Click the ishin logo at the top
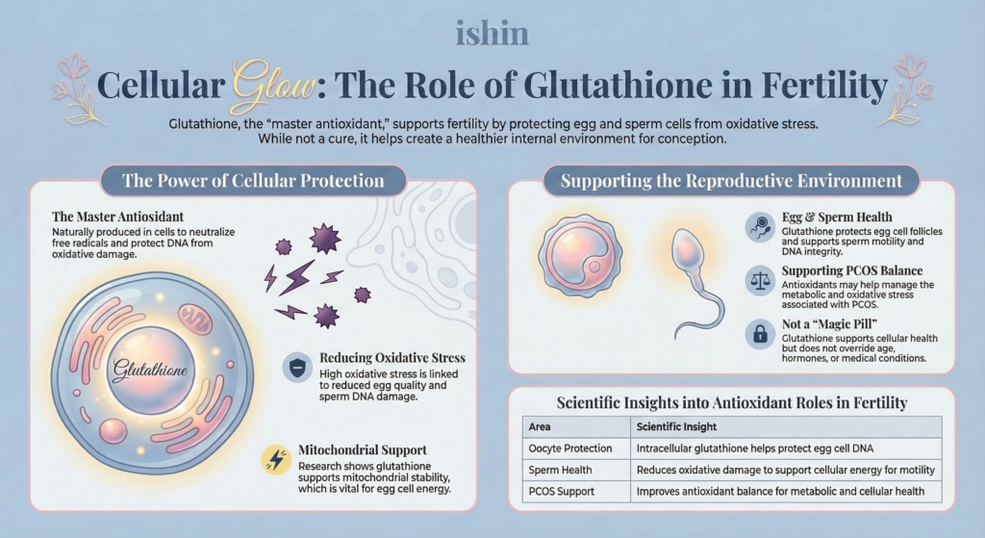click(492, 34)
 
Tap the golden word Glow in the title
click(274, 87)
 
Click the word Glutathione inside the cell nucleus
click(150, 370)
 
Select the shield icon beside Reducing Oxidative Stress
click(297, 368)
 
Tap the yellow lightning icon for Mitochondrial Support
click(276, 459)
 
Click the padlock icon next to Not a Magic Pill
click(760, 333)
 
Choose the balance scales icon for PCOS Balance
click(760, 280)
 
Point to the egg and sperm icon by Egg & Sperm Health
click(760, 227)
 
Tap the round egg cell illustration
click(580, 256)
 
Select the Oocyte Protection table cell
click(570, 448)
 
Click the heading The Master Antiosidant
click(118, 217)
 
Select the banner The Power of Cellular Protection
click(253, 181)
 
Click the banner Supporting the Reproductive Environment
click(731, 181)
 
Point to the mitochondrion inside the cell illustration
click(195, 319)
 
